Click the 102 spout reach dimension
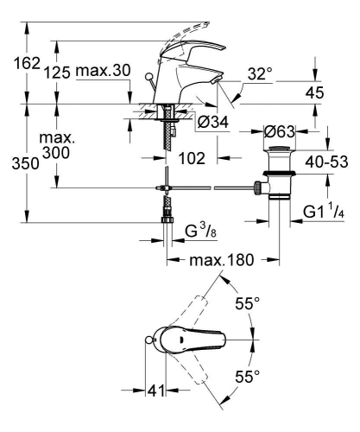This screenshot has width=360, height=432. (195, 158)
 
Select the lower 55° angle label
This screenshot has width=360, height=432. (247, 377)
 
